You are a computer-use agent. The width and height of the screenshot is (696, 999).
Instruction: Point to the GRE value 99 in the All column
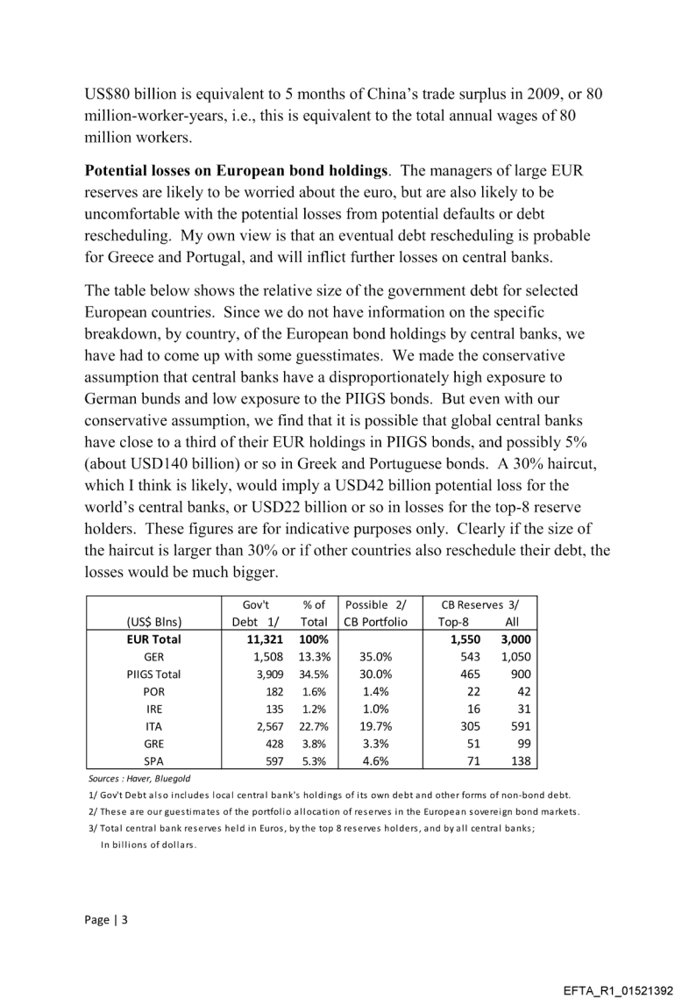click(520, 744)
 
